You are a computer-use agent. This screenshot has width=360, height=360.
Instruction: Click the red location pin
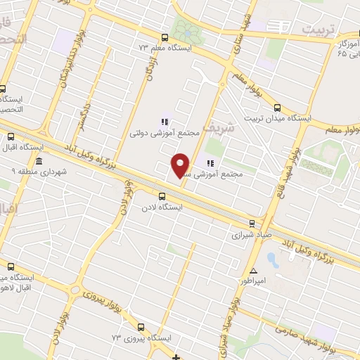pyautogui.click(x=180, y=165)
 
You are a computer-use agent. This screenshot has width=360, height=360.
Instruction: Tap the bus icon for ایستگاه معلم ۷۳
pyautogui.click(x=165, y=38)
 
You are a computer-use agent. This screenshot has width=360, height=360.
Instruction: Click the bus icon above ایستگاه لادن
pyautogui.click(x=162, y=196)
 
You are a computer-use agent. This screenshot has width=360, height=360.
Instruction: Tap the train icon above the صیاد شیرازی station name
pyautogui.click(x=252, y=224)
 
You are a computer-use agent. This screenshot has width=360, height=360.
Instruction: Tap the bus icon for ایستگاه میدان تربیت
pyautogui.click(x=278, y=108)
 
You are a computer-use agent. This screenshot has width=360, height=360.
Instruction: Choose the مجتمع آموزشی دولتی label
pyautogui.click(x=156, y=132)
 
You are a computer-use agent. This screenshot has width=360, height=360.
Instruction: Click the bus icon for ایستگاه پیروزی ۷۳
pyautogui.click(x=141, y=327)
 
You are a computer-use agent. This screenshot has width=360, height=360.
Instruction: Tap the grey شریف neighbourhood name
pyautogui.click(x=213, y=129)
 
